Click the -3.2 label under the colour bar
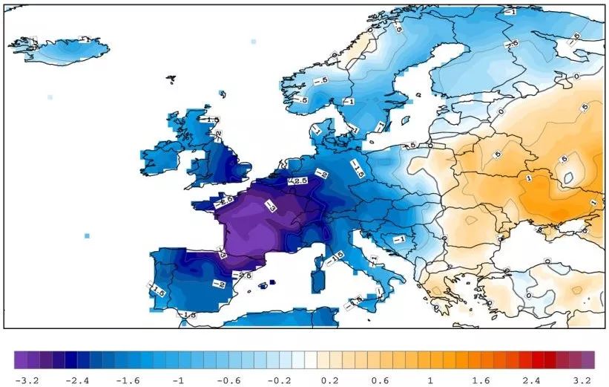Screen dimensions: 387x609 [27, 380]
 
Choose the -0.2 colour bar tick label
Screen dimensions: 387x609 [273, 380]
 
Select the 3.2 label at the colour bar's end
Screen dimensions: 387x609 [582, 380]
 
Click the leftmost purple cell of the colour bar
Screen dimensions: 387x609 [21, 360]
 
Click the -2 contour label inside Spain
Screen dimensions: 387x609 [218, 283]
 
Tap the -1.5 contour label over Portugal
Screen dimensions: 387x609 [157, 288]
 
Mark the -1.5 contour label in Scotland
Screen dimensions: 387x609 [212, 119]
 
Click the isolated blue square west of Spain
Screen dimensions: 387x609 [88, 235]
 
